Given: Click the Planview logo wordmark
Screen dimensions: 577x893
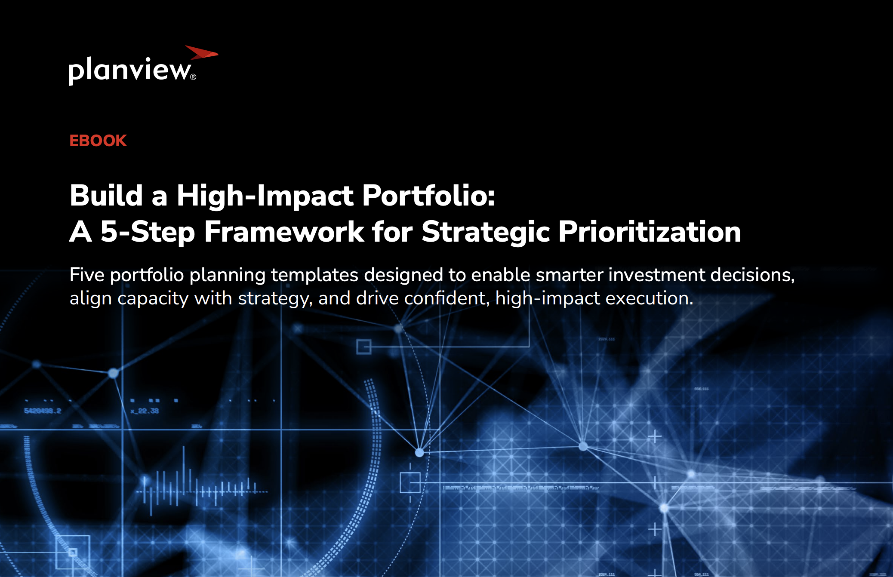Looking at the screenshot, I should point(129,70).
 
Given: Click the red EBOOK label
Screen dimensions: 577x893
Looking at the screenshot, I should point(98,141).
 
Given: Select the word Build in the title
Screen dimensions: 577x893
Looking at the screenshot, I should point(106,196).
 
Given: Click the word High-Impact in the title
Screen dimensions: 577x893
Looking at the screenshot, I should point(265,196).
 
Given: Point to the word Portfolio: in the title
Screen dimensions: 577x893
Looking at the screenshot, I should point(428,196).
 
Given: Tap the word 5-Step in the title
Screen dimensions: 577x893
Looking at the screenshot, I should point(148,232).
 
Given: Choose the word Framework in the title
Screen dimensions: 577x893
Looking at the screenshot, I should point(284,232).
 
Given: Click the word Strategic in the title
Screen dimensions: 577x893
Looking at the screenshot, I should point(486,232).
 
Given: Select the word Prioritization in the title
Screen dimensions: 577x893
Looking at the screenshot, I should point(650,232).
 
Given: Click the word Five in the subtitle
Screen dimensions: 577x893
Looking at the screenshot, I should point(87,275).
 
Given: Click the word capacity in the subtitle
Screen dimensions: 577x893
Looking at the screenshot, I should point(153,299).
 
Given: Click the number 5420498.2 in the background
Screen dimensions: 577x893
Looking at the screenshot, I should point(43,411).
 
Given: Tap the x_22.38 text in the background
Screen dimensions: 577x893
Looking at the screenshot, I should point(145,411).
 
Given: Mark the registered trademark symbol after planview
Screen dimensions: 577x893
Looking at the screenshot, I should point(193,77).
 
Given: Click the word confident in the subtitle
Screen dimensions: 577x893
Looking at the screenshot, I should point(445,299).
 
